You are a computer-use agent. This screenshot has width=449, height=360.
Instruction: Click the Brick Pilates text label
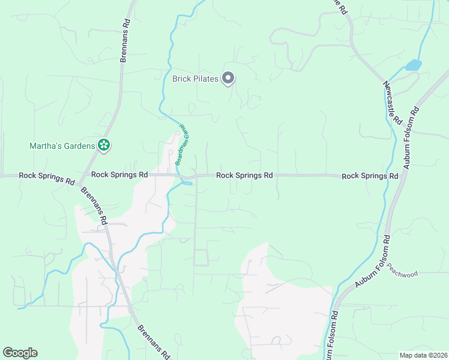pos(194,79)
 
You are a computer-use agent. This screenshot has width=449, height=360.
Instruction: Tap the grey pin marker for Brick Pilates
pos(228,78)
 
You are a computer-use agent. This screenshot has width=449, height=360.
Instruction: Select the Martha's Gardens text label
pos(62,146)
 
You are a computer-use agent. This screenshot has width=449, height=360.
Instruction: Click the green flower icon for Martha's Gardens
pos(104,145)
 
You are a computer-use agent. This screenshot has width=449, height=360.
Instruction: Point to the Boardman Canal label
pos(181,145)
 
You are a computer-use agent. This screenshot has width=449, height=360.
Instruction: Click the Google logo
pos(20,353)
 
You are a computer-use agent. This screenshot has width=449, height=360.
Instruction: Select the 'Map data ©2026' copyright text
pos(423,355)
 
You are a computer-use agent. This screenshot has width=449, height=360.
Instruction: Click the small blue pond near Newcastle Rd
pos(413,65)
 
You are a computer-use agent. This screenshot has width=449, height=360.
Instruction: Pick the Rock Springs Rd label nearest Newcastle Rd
pos(370,176)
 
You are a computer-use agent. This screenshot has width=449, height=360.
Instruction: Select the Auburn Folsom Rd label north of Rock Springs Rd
pos(411,137)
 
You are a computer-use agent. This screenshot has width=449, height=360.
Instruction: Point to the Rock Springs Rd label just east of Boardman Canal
pos(244,176)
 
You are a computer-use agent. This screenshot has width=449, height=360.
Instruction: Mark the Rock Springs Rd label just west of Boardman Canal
pos(119,175)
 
